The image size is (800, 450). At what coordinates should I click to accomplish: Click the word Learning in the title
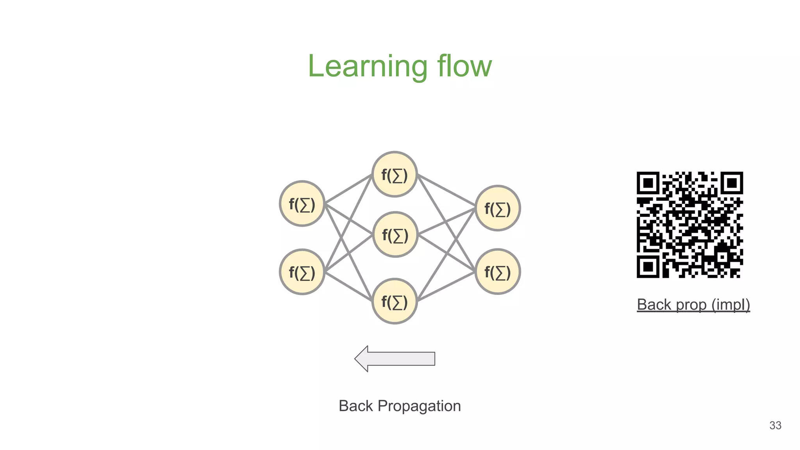click(367, 66)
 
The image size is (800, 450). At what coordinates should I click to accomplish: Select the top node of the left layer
click(302, 204)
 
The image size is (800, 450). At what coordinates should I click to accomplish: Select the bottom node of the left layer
click(302, 272)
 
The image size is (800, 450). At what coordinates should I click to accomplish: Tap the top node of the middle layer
click(395, 174)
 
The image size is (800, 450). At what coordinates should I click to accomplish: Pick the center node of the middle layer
click(395, 235)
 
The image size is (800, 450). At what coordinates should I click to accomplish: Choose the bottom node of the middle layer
click(395, 301)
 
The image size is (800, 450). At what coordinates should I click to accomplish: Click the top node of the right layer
click(497, 208)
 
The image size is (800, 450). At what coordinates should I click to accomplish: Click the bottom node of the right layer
click(497, 271)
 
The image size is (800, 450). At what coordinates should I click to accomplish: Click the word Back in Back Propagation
click(355, 406)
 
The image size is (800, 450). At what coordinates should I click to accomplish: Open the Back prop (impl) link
click(693, 305)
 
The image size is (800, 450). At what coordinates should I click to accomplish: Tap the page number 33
click(775, 425)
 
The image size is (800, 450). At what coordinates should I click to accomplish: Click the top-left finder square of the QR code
click(648, 183)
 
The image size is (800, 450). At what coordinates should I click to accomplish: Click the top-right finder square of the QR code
click(732, 183)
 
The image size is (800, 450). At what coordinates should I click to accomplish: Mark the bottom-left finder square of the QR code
click(648, 267)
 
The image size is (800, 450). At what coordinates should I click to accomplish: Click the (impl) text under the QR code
click(730, 305)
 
